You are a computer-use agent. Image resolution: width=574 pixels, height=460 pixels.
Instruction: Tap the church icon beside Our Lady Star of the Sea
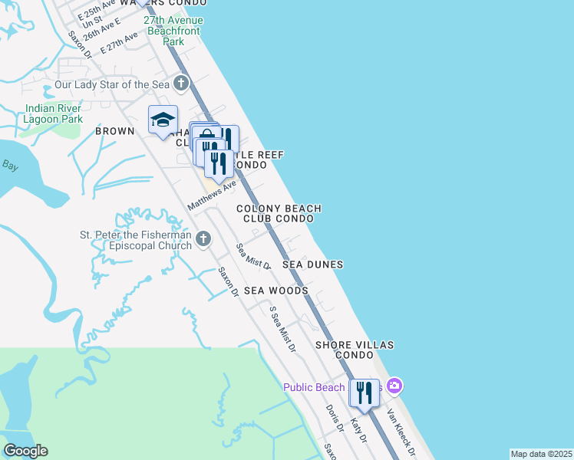(x=181, y=83)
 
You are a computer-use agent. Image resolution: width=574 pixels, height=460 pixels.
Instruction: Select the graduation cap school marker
(x=163, y=120)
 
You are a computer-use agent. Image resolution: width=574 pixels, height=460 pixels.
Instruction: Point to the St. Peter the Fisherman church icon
(x=203, y=239)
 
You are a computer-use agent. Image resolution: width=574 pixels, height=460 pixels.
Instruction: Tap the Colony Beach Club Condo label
(x=279, y=213)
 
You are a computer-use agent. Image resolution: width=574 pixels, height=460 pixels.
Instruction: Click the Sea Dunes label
(x=312, y=264)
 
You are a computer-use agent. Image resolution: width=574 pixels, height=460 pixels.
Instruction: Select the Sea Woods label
(x=276, y=291)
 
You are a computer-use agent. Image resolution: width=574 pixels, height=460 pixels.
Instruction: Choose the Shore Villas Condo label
(x=355, y=350)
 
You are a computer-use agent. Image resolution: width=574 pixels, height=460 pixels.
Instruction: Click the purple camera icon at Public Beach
(x=394, y=386)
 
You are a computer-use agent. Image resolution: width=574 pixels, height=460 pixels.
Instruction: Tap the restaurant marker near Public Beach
(x=364, y=393)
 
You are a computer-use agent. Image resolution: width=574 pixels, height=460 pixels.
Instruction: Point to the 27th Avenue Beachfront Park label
(x=173, y=25)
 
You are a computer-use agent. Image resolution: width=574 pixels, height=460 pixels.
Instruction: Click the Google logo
(x=25, y=451)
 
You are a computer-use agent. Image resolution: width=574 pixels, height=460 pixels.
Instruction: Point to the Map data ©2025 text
(x=541, y=454)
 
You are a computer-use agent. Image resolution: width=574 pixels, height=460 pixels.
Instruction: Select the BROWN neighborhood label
(x=114, y=132)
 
